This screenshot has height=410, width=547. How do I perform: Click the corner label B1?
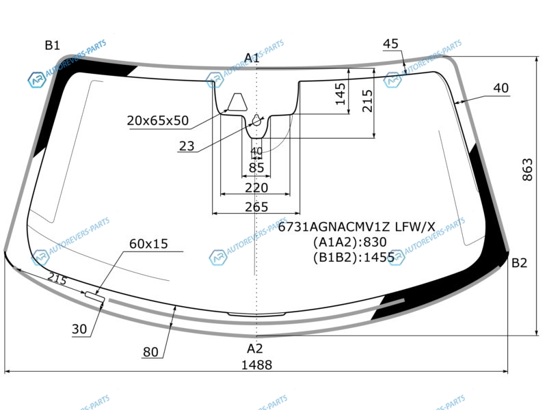[53, 45]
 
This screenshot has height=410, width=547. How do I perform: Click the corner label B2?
[519, 263]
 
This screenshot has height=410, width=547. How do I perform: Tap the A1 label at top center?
[252, 58]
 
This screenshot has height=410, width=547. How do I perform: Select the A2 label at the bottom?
[254, 348]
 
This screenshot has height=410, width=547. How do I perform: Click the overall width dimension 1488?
[257, 365]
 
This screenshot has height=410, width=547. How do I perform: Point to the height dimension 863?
[527, 169]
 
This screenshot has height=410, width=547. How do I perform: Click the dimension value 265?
[256, 207]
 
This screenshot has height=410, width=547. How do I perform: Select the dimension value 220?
[256, 188]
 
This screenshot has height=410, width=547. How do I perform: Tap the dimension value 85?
[256, 167]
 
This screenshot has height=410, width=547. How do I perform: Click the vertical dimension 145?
[340, 94]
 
